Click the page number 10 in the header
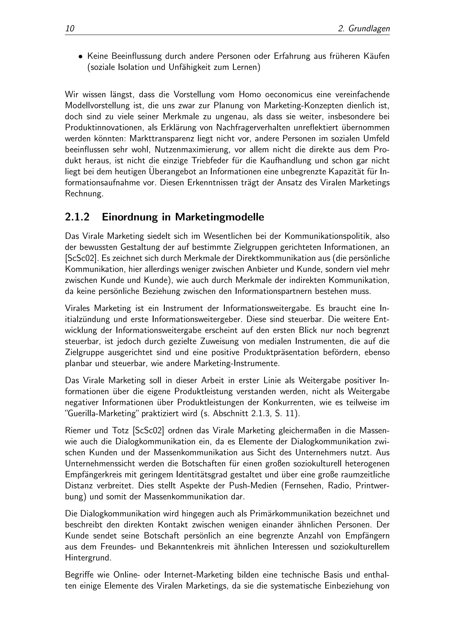click(x=70, y=29)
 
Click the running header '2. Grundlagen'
click(x=364, y=29)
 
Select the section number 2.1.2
click(x=77, y=217)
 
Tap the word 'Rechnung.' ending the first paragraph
click(x=84, y=194)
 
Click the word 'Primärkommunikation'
click(x=290, y=514)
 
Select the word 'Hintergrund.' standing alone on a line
click(x=88, y=558)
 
